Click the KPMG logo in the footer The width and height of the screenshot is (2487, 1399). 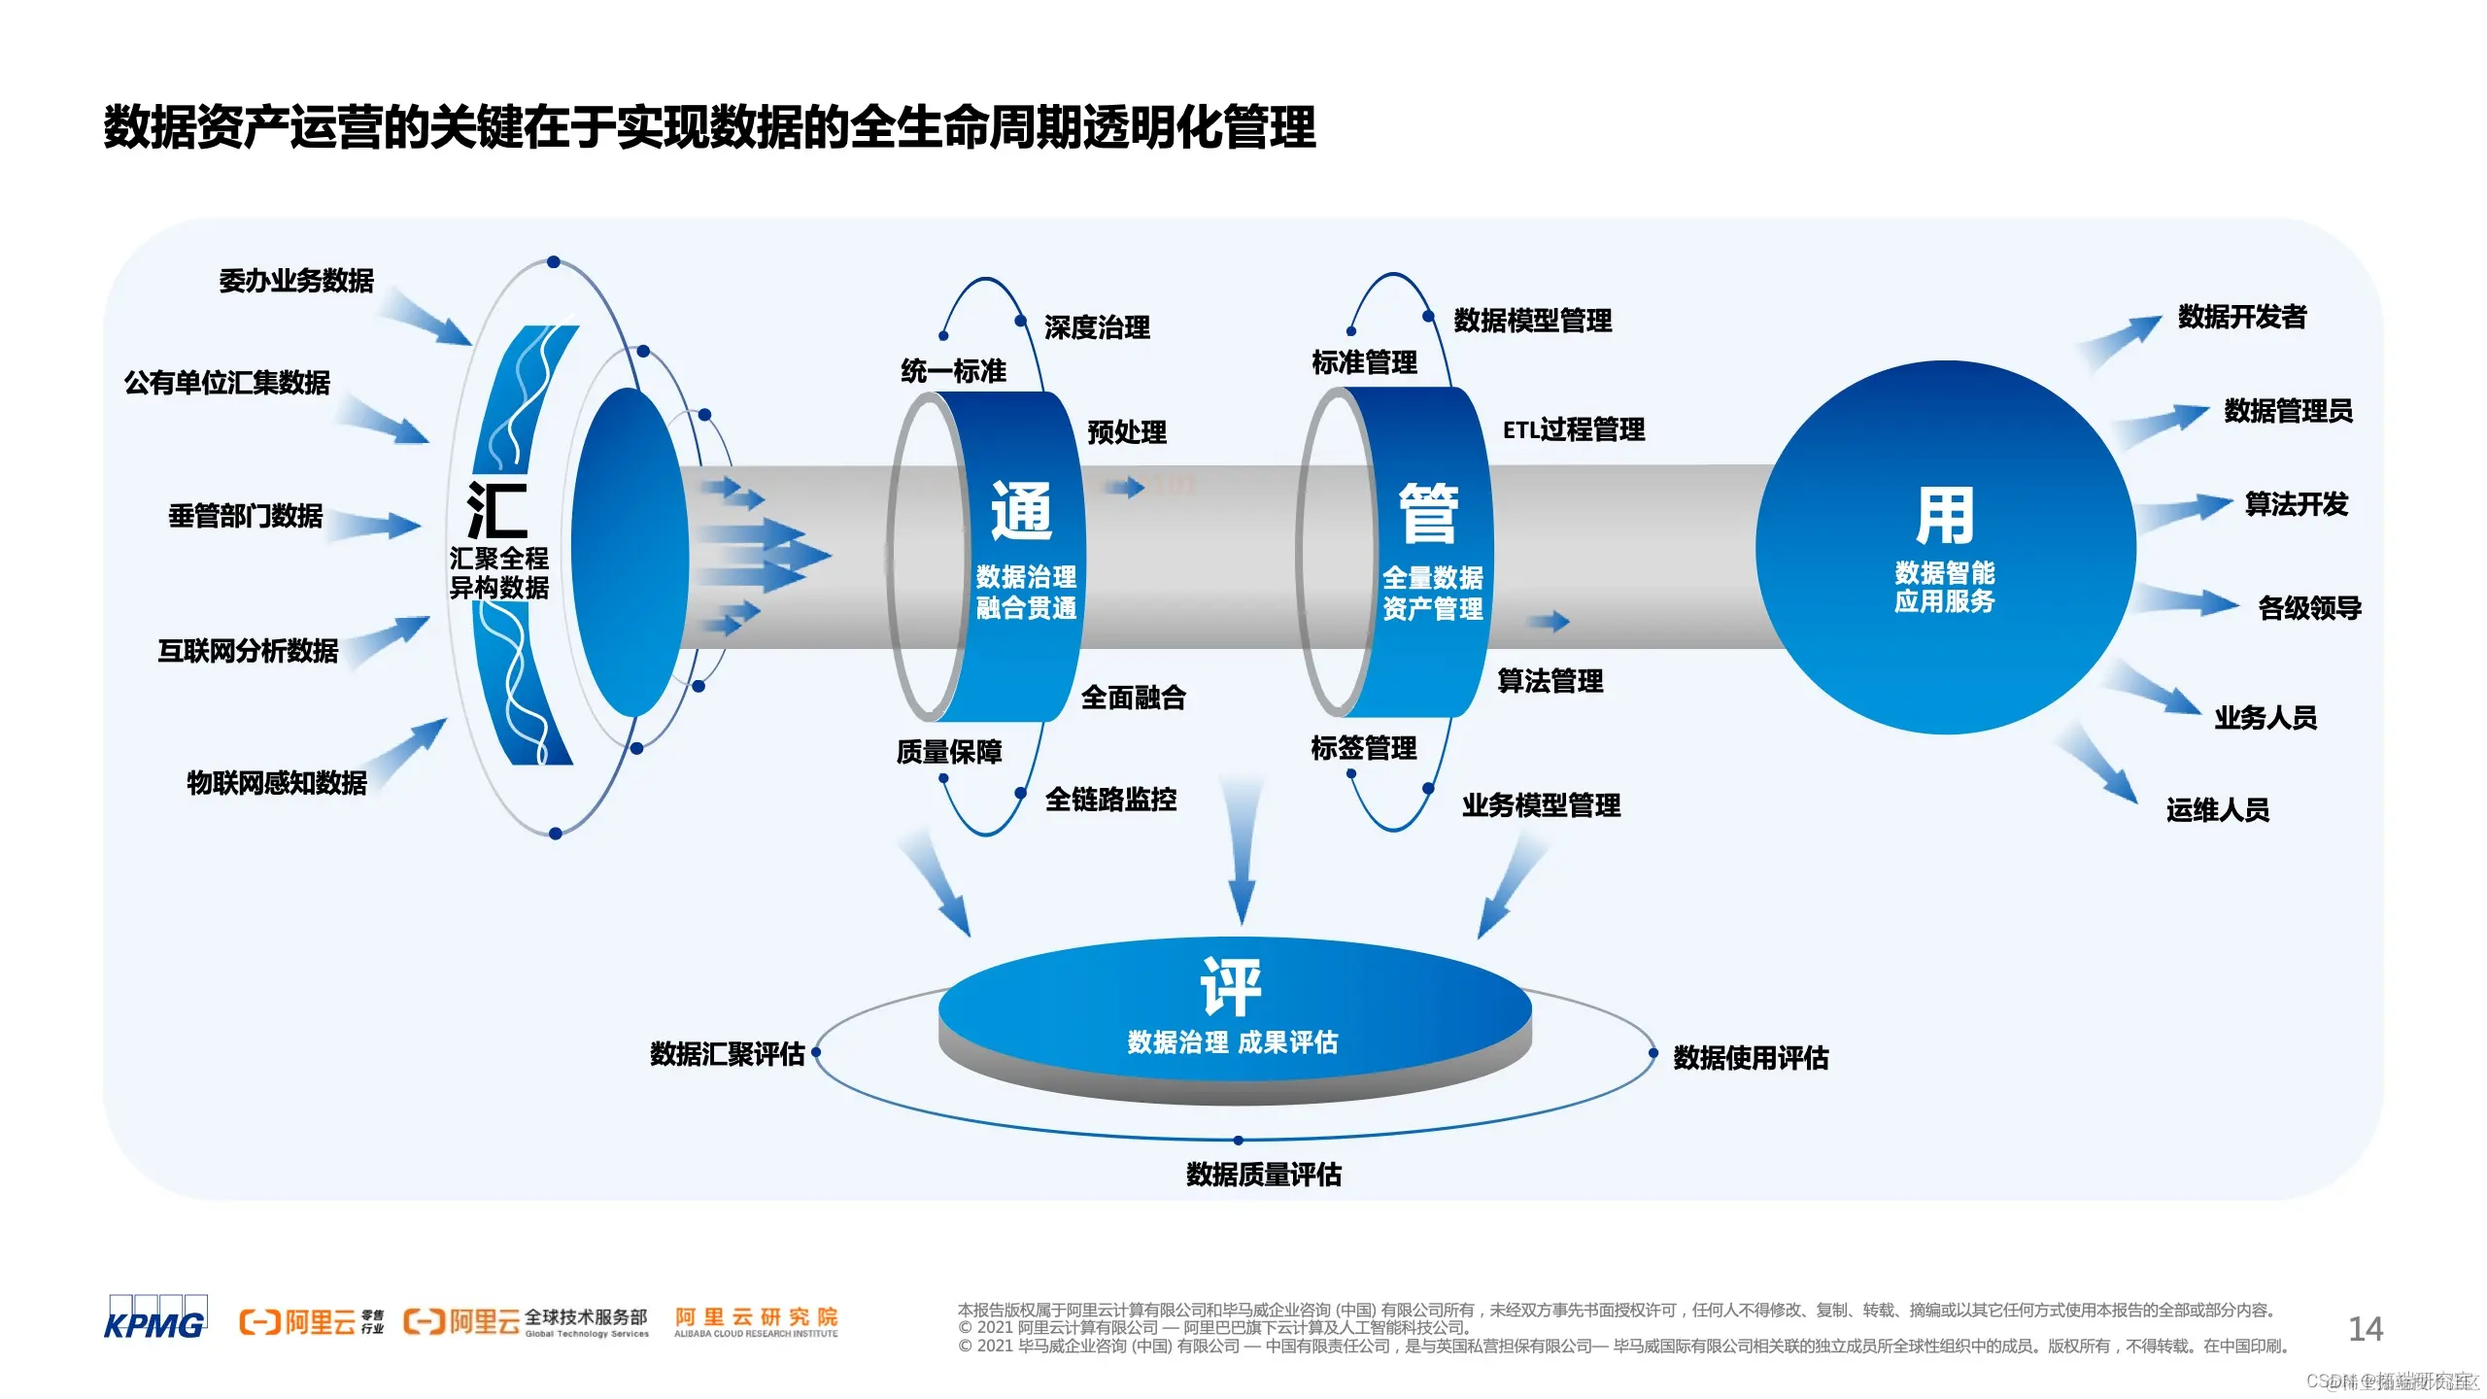(x=155, y=1318)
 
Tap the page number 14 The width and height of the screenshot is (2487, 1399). (x=2366, y=1328)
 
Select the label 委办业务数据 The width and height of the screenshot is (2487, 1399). (x=296, y=281)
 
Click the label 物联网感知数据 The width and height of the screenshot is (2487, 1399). (x=277, y=782)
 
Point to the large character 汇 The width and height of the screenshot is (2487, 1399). (x=497, y=510)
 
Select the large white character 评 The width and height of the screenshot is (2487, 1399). (x=1232, y=985)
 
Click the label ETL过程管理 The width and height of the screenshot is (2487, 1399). (x=1574, y=429)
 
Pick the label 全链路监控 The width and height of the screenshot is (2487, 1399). (x=1110, y=800)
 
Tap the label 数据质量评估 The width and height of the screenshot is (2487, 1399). (x=1264, y=1175)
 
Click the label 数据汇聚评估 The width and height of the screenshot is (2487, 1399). (x=728, y=1054)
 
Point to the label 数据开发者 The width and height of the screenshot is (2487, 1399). (x=2242, y=317)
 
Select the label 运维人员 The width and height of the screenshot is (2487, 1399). (x=2218, y=810)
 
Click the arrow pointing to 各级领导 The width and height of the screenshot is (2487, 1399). (x=2192, y=601)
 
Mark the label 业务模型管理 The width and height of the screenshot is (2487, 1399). (x=1542, y=805)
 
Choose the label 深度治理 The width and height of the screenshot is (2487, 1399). (x=1098, y=327)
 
